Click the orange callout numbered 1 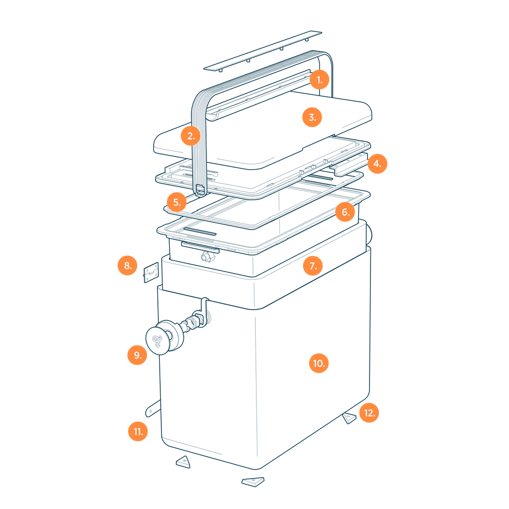(320, 80)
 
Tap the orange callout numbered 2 (191, 136)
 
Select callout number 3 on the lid (312, 117)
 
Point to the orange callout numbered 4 (377, 164)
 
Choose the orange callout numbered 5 (177, 202)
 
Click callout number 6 (345, 212)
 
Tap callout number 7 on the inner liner (313, 266)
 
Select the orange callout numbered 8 (128, 265)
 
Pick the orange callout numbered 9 (137, 355)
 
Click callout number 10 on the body (319, 363)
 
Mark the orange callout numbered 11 (138, 431)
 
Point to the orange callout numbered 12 (369, 413)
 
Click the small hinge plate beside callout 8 (151, 272)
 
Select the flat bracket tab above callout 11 (153, 408)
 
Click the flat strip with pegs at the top (263, 50)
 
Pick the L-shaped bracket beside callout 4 (349, 164)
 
